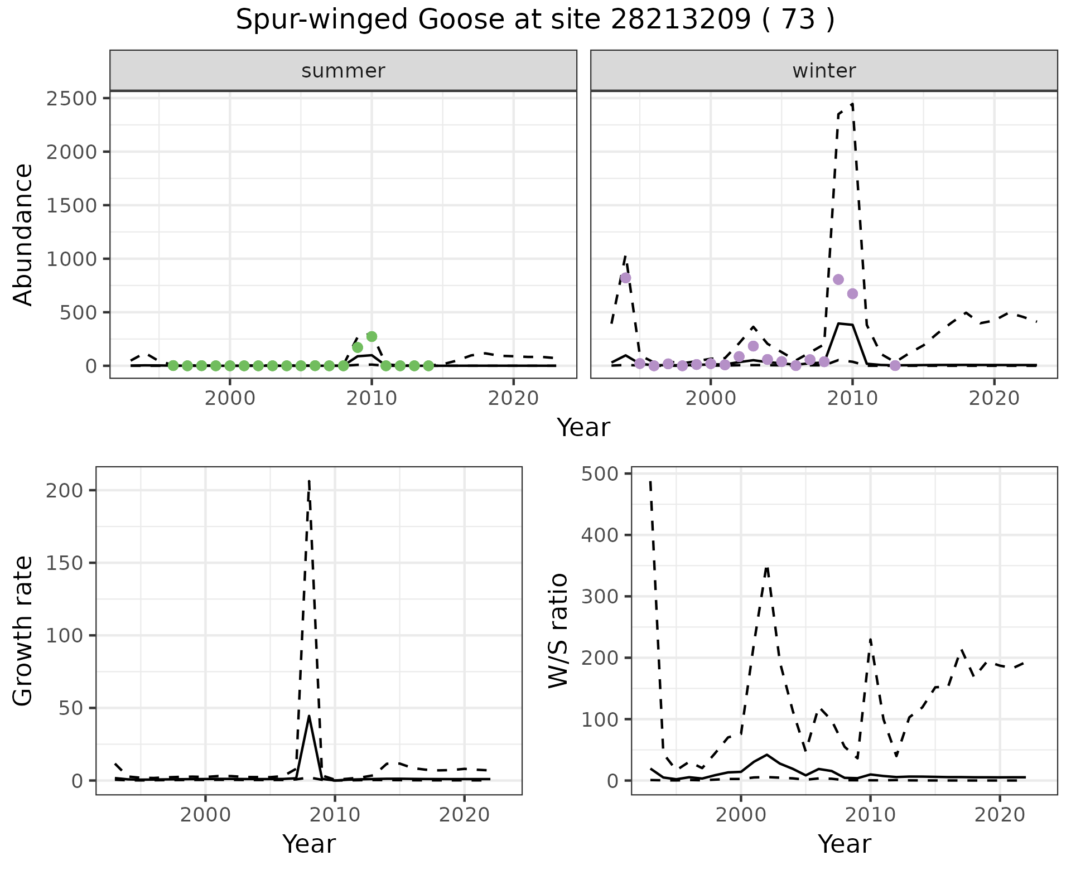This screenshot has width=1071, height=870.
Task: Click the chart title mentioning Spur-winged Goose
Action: (x=535, y=21)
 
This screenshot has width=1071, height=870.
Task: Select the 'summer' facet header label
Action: (x=343, y=71)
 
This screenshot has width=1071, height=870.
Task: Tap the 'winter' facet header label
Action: (x=824, y=71)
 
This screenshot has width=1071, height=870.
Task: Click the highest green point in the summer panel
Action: (x=372, y=336)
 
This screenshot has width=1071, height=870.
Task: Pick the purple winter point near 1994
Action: (x=626, y=278)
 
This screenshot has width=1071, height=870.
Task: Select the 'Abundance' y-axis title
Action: (x=23, y=234)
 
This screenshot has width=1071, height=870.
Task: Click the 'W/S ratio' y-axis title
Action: (x=558, y=630)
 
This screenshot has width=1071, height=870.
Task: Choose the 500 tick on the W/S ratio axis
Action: (x=601, y=474)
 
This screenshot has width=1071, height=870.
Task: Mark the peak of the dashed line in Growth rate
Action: (x=309, y=481)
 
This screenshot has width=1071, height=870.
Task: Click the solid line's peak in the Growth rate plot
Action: (x=309, y=716)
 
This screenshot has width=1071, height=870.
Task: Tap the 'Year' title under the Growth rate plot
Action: (x=309, y=844)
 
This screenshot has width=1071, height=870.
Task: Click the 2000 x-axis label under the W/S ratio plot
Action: (x=741, y=815)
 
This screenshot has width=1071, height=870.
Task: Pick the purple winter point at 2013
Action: (x=895, y=365)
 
